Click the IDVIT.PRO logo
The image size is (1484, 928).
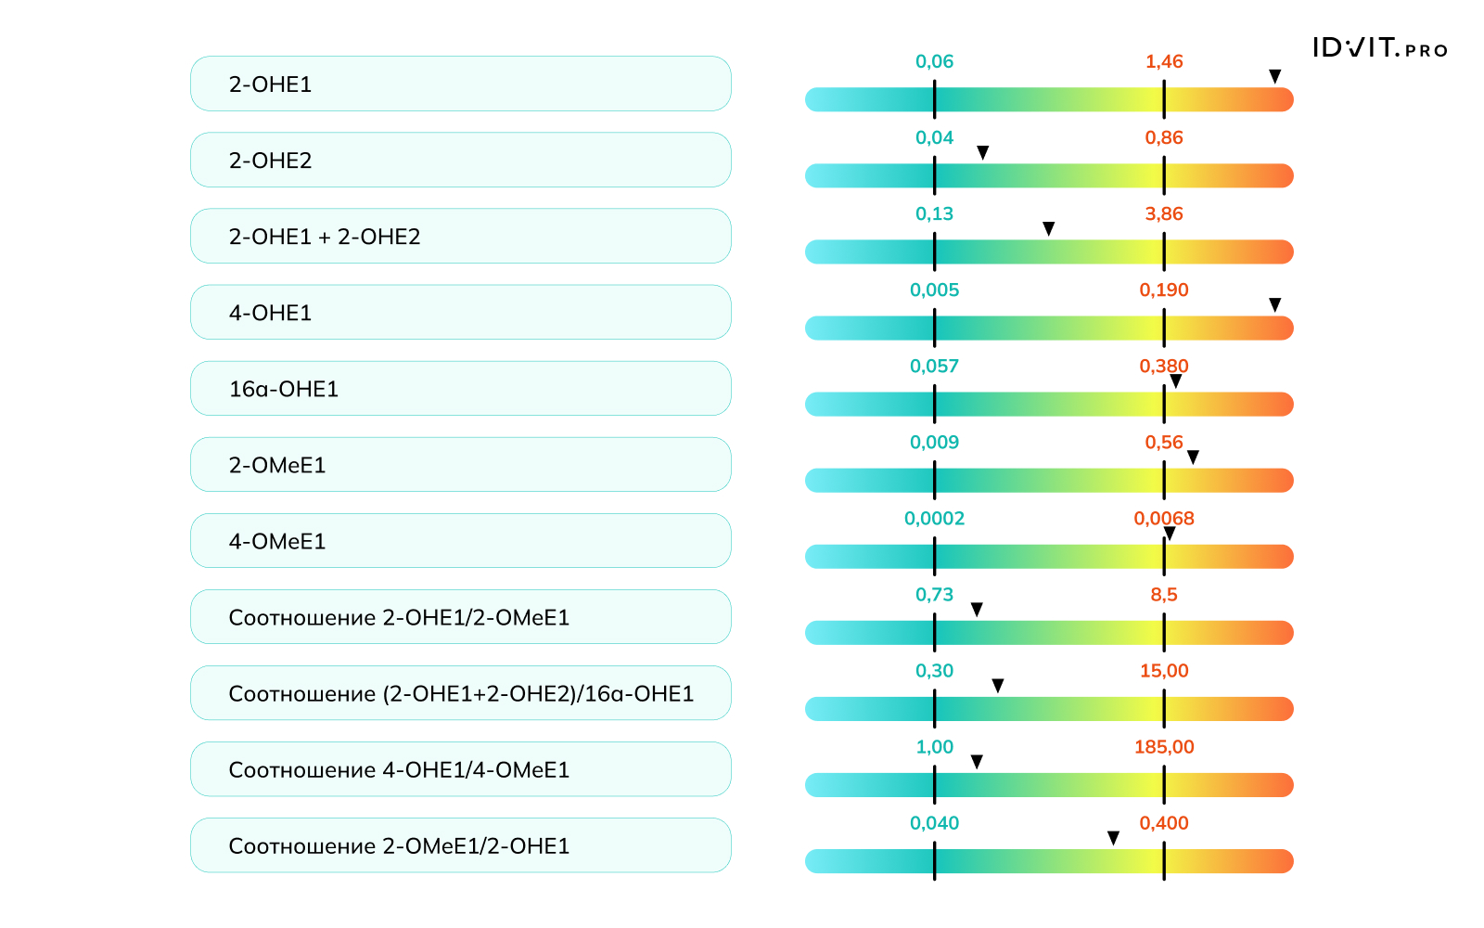pyautogui.click(x=1379, y=48)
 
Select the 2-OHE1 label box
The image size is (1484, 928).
pyautogui.click(x=460, y=84)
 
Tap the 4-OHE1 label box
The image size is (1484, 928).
pyautogui.click(x=460, y=312)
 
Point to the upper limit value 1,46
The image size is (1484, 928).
pyautogui.click(x=1164, y=61)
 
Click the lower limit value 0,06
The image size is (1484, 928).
pyautogui.click(x=934, y=61)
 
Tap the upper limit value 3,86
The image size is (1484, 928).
pyautogui.click(x=1164, y=213)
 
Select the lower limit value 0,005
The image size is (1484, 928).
pyautogui.click(x=934, y=290)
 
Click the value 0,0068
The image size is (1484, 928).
pyautogui.click(x=1164, y=518)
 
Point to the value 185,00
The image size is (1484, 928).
pyautogui.click(x=1164, y=746)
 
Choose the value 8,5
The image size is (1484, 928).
pyautogui.click(x=1164, y=594)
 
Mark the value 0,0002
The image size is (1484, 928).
pyautogui.click(x=934, y=518)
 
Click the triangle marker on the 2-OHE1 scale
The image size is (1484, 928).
pyautogui.click(x=1275, y=76)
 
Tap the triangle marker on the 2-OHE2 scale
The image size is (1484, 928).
pyautogui.click(x=983, y=152)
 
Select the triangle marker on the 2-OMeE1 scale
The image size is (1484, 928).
pyautogui.click(x=1194, y=457)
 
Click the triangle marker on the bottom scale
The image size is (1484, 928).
pyautogui.click(x=1114, y=838)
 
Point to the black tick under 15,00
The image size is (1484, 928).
pyautogui.click(x=1164, y=709)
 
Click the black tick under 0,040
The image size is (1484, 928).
pyautogui.click(x=934, y=861)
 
